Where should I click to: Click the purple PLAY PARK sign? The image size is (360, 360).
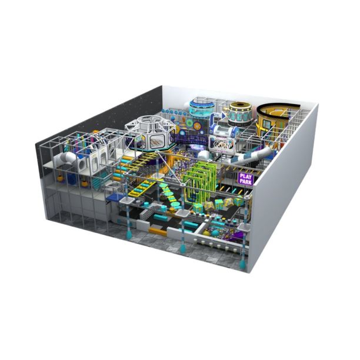246,179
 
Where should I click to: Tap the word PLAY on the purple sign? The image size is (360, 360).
246,176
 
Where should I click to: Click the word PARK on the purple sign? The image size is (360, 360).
246,181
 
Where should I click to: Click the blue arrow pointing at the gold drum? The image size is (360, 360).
217,117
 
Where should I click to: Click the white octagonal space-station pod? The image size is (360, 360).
151,133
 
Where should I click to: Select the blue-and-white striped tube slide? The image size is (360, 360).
250,156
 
